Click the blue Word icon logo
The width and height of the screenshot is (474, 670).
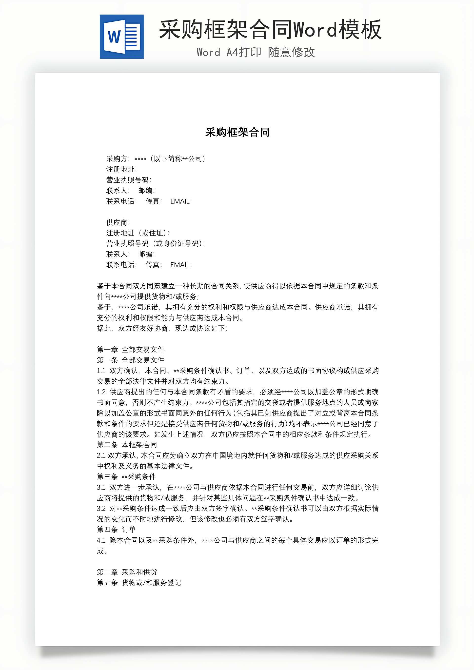pyautogui.click(x=122, y=37)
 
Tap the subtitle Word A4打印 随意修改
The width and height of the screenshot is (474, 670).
pyautogui.click(x=256, y=53)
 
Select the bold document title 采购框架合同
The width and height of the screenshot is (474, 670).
pyautogui.click(x=237, y=132)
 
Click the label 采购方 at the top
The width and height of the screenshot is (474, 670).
pyautogui.click(x=117, y=159)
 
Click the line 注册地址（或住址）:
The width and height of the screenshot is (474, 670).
pyautogui.click(x=138, y=233)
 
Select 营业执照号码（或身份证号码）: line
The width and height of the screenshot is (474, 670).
pyautogui.click(x=155, y=243)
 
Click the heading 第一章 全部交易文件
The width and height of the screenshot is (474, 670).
pyautogui.click(x=130, y=349)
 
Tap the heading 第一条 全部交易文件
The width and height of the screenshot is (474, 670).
pyautogui.click(x=130, y=360)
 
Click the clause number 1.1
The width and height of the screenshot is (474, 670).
pyautogui.click(x=101, y=371)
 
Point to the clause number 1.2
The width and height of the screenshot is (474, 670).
pyautogui.click(x=101, y=392)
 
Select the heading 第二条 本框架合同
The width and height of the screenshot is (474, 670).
pyautogui.click(x=127, y=445)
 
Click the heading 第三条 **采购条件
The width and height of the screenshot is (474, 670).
pyautogui.click(x=126, y=476)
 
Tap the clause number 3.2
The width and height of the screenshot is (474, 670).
pyautogui.click(x=101, y=508)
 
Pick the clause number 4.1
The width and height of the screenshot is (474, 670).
pyautogui.click(x=101, y=540)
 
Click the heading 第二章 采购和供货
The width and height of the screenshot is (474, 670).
pyautogui.click(x=127, y=572)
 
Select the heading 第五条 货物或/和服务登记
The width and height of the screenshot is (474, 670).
pyautogui.click(x=139, y=582)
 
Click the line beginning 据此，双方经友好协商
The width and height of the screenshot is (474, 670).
pyautogui.click(x=162, y=328)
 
